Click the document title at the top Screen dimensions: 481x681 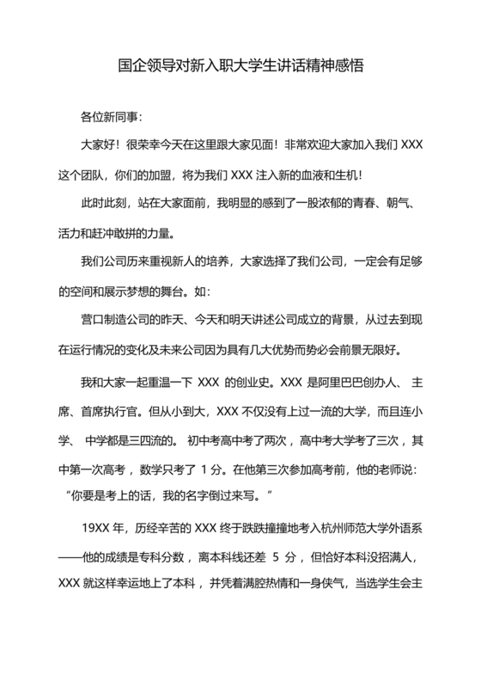click(240, 65)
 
